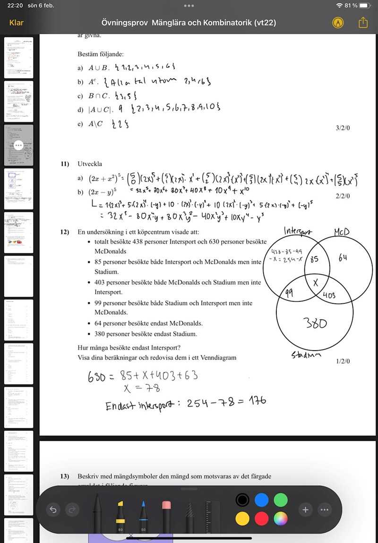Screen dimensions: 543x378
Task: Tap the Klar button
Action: [17, 23]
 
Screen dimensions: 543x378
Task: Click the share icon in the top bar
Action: [363, 23]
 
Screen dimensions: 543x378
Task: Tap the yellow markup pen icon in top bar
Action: [337, 23]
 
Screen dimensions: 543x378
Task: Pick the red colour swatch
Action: [261, 519]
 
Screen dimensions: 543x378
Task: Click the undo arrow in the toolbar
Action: [53, 510]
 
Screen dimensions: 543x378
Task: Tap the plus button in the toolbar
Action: [305, 510]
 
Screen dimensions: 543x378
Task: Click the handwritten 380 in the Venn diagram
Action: [315, 323]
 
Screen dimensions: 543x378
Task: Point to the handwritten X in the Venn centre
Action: [316, 282]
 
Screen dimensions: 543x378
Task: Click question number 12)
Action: [65, 232]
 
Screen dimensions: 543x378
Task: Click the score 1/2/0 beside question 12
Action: [343, 361]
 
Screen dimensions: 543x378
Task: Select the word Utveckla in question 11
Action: [90, 164]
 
